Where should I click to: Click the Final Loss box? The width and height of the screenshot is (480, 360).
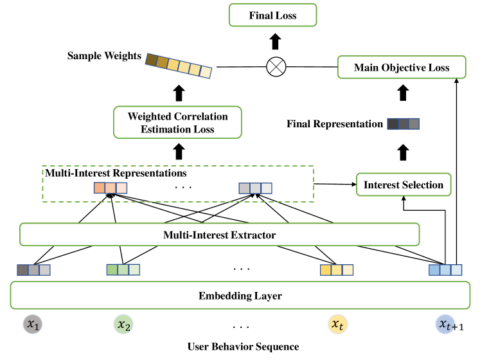(273, 15)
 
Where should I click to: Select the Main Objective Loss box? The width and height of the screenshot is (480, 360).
(402, 67)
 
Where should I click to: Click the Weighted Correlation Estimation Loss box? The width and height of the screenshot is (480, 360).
(179, 123)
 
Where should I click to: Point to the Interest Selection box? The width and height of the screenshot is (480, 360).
(404, 185)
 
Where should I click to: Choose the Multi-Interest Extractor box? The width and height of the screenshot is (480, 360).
(219, 235)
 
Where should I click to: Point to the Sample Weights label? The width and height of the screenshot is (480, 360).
(104, 56)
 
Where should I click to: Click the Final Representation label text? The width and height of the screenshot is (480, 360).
(335, 123)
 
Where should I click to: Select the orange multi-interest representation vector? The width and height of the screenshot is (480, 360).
(111, 188)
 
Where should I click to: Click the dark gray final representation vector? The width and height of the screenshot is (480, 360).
(403, 123)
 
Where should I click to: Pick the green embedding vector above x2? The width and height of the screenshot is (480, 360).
(123, 269)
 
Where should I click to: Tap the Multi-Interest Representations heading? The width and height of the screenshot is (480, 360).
(115, 173)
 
